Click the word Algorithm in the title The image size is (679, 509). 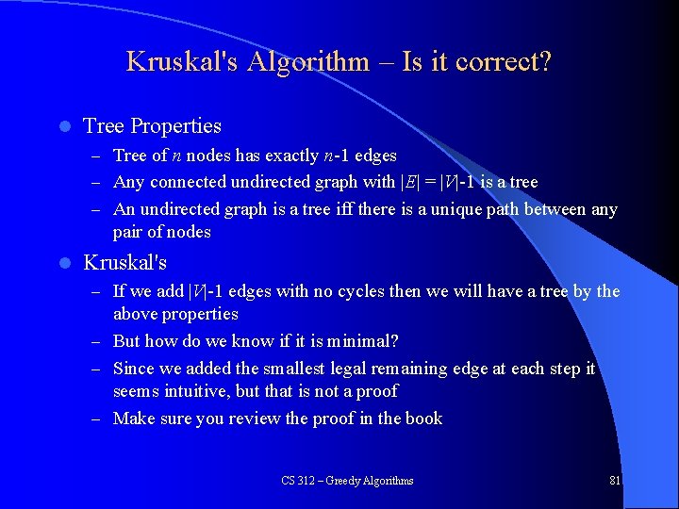308,62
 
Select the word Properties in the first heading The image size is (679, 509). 176,126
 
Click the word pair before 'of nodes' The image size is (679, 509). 129,232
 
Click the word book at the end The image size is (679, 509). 422,419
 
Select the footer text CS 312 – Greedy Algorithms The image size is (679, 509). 347,481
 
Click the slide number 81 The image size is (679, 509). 615,481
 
